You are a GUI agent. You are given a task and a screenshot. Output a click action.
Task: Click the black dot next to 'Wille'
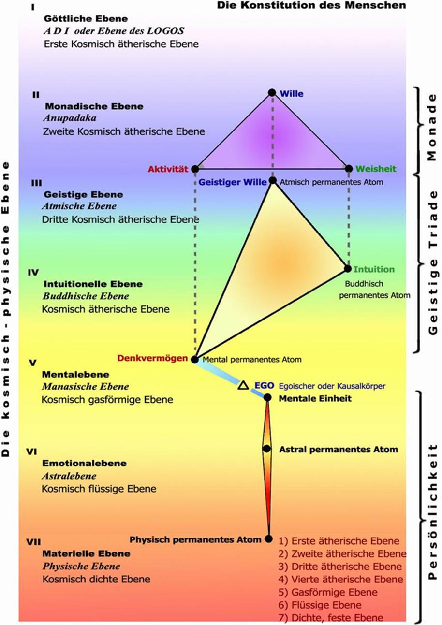pos(272,92)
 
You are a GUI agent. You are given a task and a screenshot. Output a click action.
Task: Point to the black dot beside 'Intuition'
pos(347,268)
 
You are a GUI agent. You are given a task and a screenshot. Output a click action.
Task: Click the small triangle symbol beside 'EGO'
pos(243,385)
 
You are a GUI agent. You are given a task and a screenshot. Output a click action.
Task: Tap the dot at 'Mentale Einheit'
pos(267,398)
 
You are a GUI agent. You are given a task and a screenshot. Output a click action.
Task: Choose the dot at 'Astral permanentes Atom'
pos(266,449)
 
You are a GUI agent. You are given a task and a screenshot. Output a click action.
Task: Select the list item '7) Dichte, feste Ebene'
pos(331,617)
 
